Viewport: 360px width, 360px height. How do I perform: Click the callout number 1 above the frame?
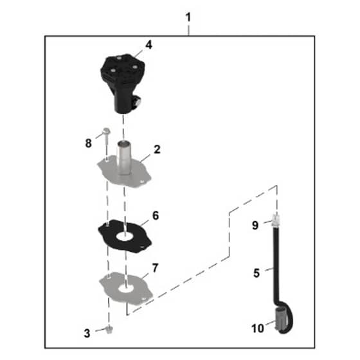[188, 17]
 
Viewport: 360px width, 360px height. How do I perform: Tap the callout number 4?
[148, 45]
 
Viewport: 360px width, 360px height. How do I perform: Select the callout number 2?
[157, 149]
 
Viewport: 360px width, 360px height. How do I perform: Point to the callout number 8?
[89, 143]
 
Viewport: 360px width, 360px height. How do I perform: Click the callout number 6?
[156, 215]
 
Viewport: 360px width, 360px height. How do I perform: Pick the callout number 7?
[155, 268]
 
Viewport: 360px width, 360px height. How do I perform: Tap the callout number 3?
[87, 334]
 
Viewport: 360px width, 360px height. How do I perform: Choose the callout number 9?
[255, 225]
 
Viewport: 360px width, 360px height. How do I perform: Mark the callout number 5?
[256, 273]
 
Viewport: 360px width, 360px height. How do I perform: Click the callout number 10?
[258, 328]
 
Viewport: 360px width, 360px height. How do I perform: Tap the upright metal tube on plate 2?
[124, 158]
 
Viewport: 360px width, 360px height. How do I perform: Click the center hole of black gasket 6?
[125, 237]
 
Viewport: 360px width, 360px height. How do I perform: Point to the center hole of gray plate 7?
[127, 289]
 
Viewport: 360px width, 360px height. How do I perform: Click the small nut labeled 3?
[109, 330]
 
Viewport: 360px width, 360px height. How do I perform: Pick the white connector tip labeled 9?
[276, 220]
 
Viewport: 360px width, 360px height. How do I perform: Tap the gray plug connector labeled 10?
[280, 319]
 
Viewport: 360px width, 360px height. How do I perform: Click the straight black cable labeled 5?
[276, 264]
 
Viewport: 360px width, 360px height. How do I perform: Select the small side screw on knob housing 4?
[138, 102]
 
